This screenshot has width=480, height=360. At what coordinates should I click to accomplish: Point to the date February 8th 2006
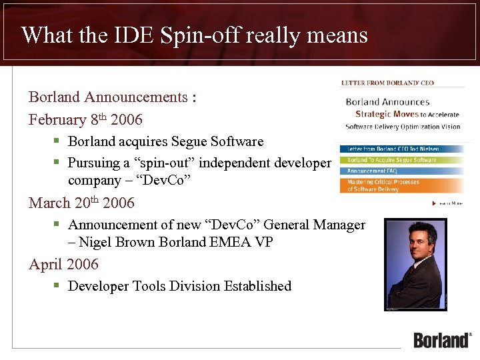point(85,120)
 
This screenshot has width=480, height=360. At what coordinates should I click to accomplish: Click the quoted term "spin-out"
point(159,163)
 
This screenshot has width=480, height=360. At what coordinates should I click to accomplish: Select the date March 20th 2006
point(81,203)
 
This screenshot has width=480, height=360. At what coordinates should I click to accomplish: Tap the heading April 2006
point(63,265)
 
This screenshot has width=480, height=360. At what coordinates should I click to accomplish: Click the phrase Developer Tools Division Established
point(179,286)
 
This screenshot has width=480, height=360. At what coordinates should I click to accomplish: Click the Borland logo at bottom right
point(442,339)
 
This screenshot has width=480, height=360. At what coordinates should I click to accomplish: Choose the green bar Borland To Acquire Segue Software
point(391,160)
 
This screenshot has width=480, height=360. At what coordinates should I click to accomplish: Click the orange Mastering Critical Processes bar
point(400,185)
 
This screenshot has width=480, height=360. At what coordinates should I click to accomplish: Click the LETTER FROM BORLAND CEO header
point(387,83)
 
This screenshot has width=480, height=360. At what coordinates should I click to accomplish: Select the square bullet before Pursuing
point(57,163)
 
